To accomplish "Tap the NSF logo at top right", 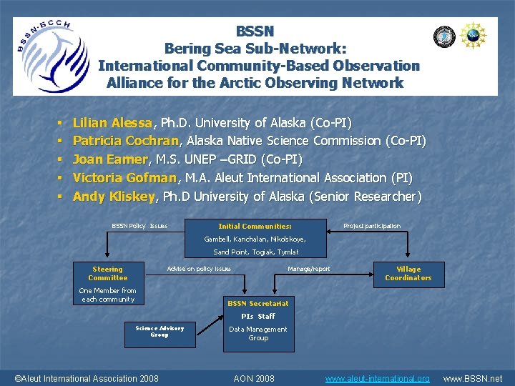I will (473, 36).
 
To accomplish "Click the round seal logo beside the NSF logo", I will (444, 36).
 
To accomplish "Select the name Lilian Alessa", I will (112, 123).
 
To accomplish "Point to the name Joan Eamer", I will (107, 159).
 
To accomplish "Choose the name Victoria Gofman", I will (124, 177).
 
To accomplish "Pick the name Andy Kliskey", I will (114, 196).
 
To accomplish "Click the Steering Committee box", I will (108, 274).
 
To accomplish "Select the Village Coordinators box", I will (408, 274).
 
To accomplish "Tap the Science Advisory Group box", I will (160, 331).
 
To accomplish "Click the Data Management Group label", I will (258, 334).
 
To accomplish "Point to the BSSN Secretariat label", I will (258, 304).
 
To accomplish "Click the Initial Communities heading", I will (255, 226).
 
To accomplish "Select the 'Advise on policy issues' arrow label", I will (199, 269).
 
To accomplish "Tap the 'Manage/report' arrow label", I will (308, 269).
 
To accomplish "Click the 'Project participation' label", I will (372, 226).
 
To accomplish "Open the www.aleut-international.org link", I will (378, 378).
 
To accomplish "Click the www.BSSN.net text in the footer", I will (473, 378).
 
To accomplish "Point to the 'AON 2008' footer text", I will (254, 378).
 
